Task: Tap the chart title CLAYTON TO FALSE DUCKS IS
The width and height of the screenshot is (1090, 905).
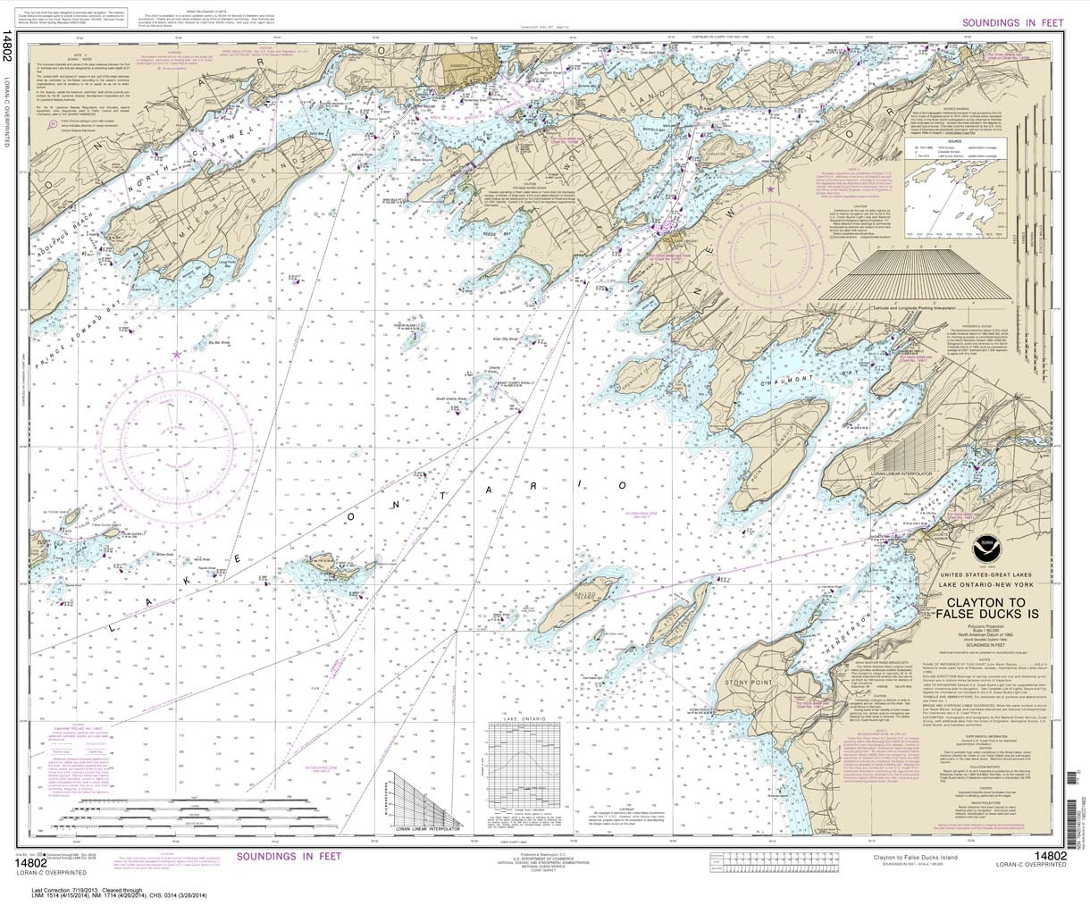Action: [x=979, y=608]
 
